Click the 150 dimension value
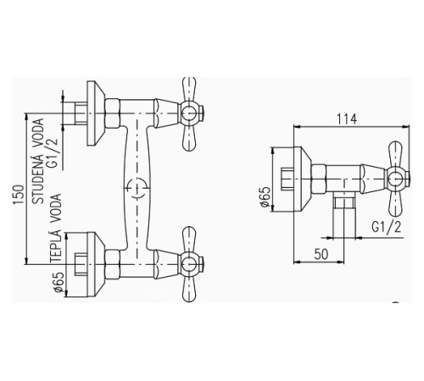pos(19,195)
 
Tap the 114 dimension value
pos(347,119)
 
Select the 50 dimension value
pos(321,254)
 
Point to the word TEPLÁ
pos(56,246)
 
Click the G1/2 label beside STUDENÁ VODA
pos(53,152)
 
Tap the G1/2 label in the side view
pos(387,227)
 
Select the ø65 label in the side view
pos(265,196)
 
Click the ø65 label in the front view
pos(59,282)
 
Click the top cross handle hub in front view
pos(189,113)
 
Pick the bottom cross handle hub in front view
pos(189,264)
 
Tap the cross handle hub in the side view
pos(395,179)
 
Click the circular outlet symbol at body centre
pos(137,188)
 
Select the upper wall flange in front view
pos(96,113)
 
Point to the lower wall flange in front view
pos(96,264)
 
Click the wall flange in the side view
pos(303,179)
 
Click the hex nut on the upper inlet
pos(113,113)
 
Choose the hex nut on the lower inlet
pos(113,264)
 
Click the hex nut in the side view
pos(319,179)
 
